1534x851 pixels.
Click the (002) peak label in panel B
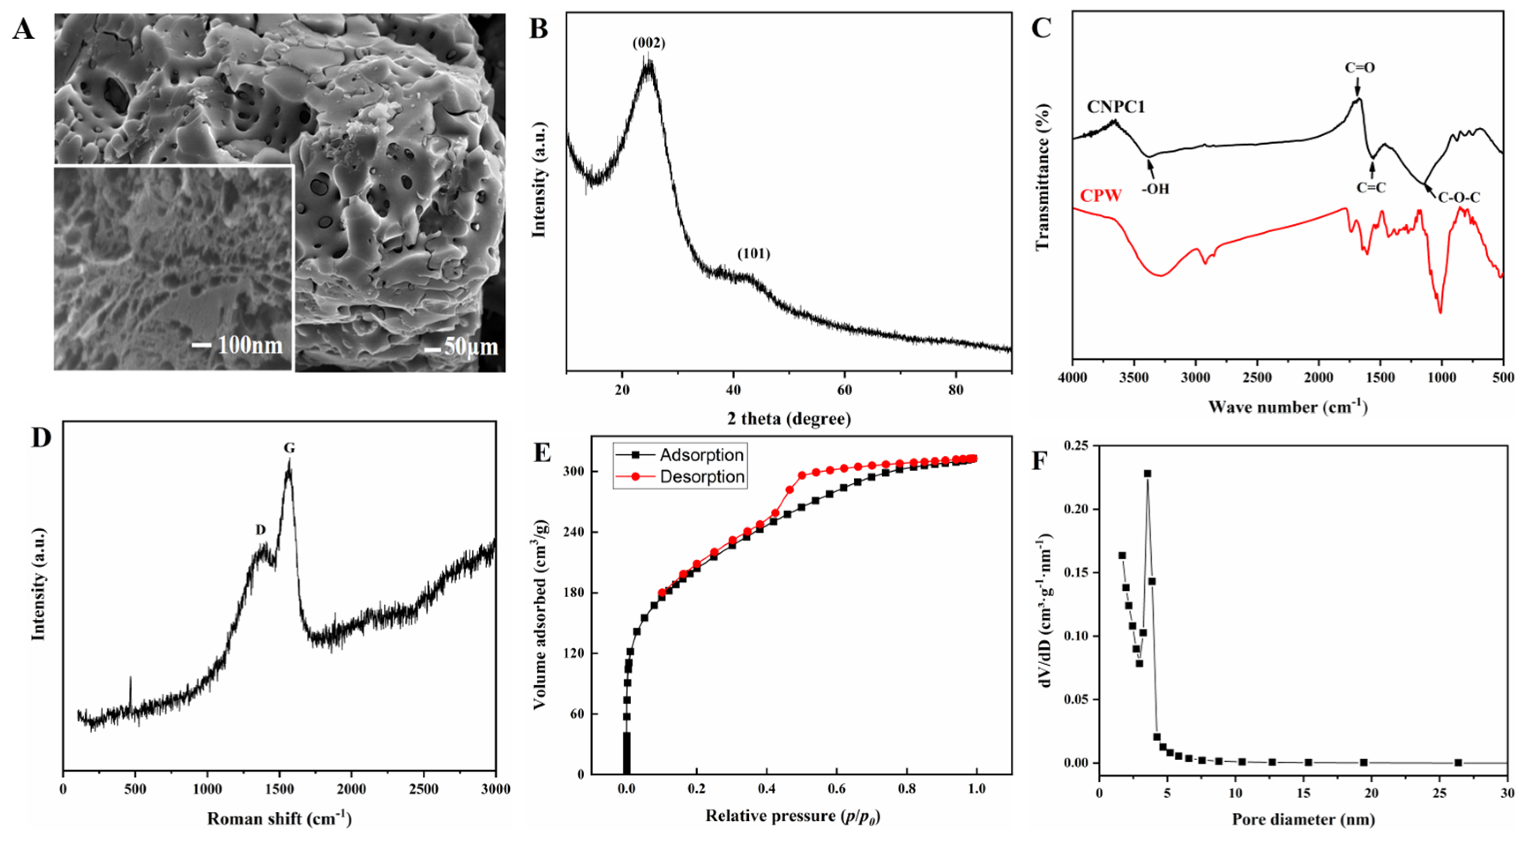(x=648, y=43)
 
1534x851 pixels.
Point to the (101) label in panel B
(x=753, y=254)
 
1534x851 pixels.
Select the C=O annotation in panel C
(x=1359, y=68)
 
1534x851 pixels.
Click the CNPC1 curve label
(x=1115, y=107)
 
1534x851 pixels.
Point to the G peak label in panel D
(x=290, y=448)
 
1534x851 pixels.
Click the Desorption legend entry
(x=701, y=477)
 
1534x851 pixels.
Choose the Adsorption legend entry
(x=701, y=455)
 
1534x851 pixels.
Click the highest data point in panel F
(x=1147, y=473)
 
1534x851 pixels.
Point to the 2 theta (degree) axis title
(x=789, y=419)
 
